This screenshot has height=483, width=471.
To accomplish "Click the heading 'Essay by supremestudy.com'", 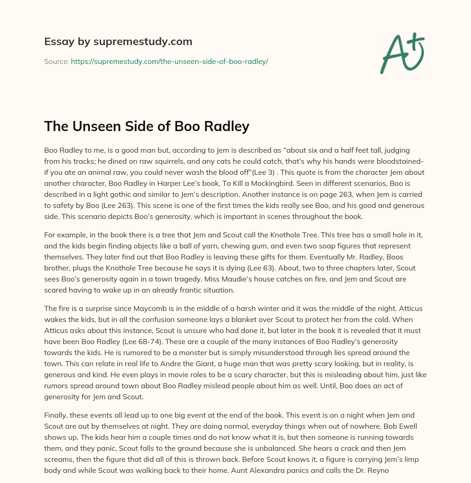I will pos(118,42).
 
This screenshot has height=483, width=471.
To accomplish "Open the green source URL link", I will pos(169,61).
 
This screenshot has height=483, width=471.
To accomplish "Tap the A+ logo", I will pos(402,53).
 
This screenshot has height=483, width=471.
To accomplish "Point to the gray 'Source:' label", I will pos(57,61).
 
